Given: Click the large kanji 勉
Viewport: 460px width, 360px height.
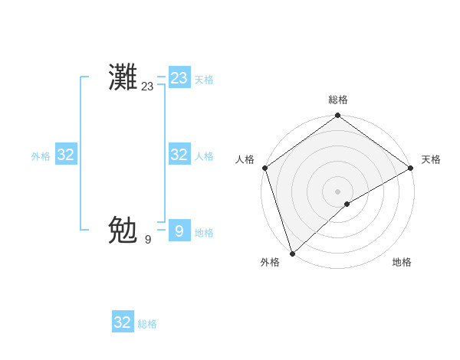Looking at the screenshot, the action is (x=123, y=229).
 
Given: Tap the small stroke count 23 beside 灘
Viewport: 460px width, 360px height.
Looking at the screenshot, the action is (x=147, y=87).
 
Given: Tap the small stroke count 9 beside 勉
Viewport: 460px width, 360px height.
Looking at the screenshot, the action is (x=148, y=240).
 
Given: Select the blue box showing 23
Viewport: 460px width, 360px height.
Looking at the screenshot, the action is (x=179, y=78).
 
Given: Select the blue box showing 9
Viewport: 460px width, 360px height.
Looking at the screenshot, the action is (x=179, y=231).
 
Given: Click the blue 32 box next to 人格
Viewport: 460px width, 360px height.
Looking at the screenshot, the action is (x=179, y=155).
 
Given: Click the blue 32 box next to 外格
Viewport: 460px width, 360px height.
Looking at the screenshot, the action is (x=66, y=155).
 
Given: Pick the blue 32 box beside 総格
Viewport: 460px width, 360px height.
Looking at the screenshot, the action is (x=123, y=322).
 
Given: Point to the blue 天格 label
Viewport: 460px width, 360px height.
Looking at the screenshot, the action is (x=204, y=80).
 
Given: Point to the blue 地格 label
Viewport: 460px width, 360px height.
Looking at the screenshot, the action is (x=204, y=233).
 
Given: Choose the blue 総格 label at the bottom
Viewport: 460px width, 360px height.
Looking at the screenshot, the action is (x=147, y=324).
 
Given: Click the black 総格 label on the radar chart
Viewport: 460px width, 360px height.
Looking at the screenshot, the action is (x=338, y=100).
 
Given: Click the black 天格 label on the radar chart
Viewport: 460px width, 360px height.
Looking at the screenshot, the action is (x=431, y=159).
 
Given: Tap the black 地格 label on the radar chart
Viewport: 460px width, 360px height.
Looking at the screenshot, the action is (x=402, y=262).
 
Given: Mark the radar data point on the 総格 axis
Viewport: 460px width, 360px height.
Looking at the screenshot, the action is (x=337, y=116).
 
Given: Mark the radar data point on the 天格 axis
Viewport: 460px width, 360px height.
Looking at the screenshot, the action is (x=410, y=169).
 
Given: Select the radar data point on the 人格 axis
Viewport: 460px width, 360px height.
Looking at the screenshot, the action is (x=265, y=169).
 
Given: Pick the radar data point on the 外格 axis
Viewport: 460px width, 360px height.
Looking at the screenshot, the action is (x=293, y=253).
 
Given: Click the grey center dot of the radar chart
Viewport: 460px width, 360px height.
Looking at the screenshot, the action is (x=337, y=191).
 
